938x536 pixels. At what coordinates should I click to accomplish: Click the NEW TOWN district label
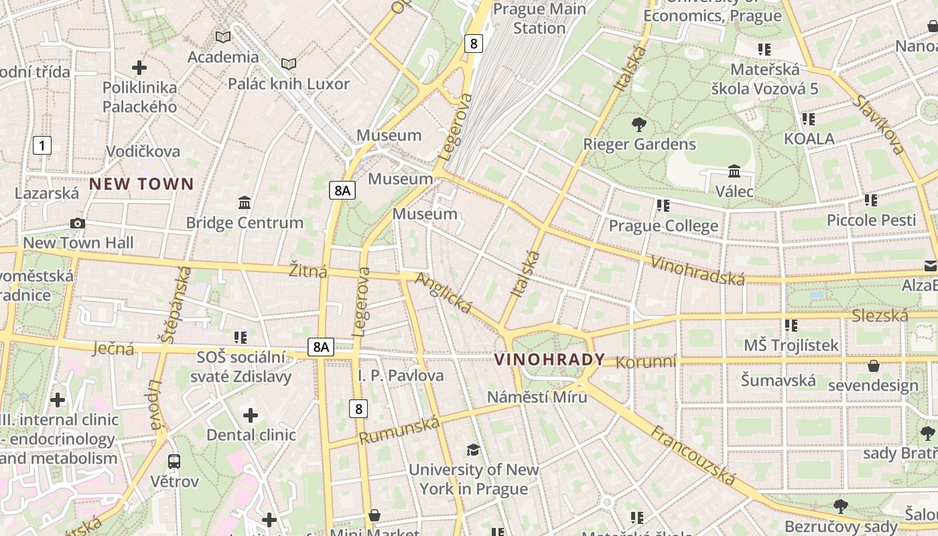click(141, 184)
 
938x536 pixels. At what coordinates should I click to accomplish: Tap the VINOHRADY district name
click(549, 360)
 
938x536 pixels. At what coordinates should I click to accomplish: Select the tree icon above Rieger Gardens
click(639, 124)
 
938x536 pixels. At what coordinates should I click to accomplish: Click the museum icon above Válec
click(734, 172)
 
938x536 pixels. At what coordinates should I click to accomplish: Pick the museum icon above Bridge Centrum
click(245, 202)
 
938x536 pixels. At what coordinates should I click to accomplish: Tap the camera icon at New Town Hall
click(78, 223)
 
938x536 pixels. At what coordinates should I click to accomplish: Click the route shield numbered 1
click(42, 145)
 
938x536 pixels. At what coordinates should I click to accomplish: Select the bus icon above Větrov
click(174, 461)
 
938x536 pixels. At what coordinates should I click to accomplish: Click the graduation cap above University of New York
click(474, 450)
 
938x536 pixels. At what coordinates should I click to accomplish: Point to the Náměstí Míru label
click(537, 397)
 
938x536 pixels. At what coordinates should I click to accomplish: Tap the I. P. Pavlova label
click(401, 375)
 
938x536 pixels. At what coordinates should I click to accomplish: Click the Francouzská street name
click(693, 455)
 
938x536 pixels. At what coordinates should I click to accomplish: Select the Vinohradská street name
click(697, 270)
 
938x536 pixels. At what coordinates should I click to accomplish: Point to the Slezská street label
click(879, 316)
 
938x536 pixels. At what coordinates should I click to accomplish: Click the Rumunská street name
click(400, 430)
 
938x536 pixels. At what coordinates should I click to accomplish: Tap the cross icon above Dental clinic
click(251, 415)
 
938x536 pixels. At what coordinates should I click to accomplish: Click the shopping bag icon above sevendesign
click(874, 366)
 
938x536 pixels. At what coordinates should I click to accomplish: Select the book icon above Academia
click(223, 37)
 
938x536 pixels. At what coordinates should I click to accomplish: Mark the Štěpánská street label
click(167, 305)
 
